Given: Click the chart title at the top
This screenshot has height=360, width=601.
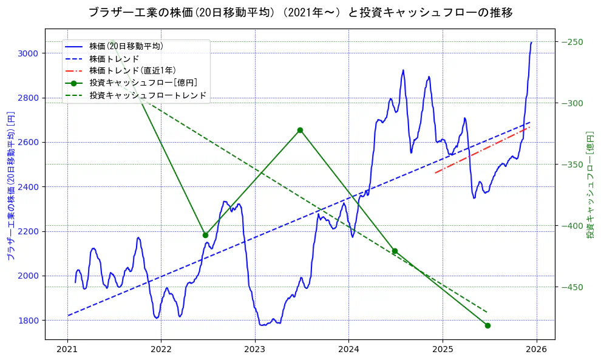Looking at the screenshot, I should click(300, 13).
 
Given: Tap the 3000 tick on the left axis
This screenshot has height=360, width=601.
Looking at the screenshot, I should click(29, 53).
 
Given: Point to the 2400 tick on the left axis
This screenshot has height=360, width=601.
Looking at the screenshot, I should click(29, 187).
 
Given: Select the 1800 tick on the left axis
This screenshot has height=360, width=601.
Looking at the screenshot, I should click(29, 321).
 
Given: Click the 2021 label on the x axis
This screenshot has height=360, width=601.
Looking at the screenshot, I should click(67, 350).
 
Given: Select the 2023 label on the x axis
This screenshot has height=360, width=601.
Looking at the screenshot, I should click(255, 350).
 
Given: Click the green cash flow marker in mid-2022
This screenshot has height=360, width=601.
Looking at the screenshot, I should click(205, 235).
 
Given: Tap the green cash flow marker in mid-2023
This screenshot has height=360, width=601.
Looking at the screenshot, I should click(300, 130).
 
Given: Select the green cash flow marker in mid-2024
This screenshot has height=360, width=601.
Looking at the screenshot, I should click(395, 251).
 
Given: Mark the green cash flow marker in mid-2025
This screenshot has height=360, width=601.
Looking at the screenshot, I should click(487, 325).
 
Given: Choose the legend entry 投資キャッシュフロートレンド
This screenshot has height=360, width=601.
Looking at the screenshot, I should click(148, 95).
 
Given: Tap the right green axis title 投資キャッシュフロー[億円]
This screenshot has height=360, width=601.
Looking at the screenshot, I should click(590, 185).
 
